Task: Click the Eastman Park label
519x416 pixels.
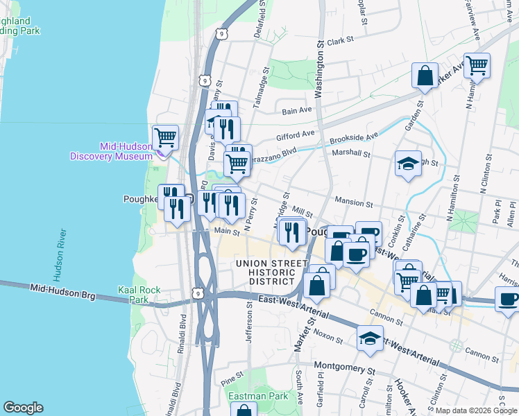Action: click(x=258, y=396)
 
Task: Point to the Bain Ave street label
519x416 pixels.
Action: click(x=297, y=110)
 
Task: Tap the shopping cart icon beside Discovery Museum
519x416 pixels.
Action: click(x=166, y=137)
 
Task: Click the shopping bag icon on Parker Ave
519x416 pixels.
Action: click(x=425, y=75)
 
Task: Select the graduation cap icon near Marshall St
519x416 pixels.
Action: click(x=408, y=164)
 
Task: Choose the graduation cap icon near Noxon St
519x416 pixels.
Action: click(x=370, y=339)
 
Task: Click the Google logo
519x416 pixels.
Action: click(x=23, y=408)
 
